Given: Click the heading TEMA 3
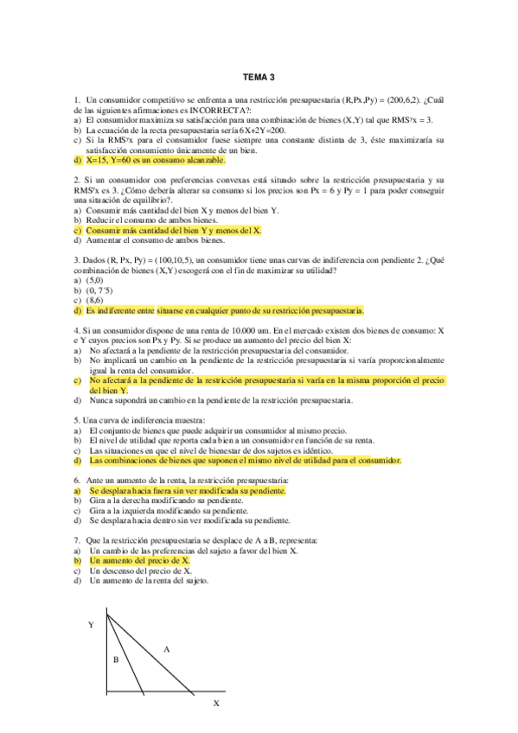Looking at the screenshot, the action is tap(259, 77).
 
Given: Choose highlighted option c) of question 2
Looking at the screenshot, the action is tap(174, 231).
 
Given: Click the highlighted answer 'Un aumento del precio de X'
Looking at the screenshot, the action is tap(139, 561).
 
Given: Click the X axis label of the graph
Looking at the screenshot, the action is tap(216, 704).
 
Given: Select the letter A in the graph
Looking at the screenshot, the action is tap(166, 647).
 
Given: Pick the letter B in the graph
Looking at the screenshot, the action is tap(115, 660).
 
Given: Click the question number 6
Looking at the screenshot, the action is tap(77, 480).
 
